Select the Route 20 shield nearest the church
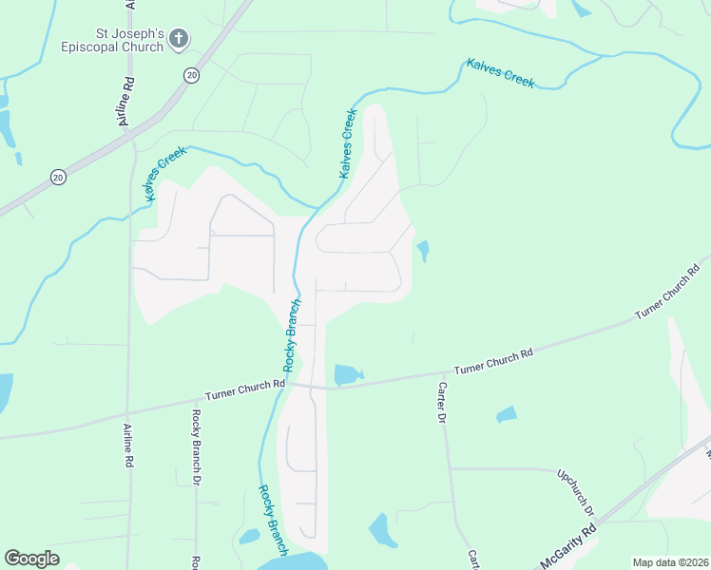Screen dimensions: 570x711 coord(191,75)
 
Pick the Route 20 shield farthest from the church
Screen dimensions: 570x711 coord(58,177)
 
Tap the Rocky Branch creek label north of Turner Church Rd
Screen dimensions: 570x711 coord(292,336)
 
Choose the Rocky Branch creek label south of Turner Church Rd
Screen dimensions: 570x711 coord(271,520)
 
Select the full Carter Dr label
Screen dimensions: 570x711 coord(441,403)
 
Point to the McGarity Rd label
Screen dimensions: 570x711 coord(567,550)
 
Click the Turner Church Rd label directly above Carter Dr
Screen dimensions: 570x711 coord(493,362)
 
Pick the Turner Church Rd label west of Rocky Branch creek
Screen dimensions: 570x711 coord(245,389)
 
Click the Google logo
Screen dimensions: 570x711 coord(31,559)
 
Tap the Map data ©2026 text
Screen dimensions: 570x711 coord(669,562)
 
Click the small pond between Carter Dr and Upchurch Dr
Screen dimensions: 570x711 coord(507,414)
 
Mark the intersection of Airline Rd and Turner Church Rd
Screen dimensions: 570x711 coord(128,412)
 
